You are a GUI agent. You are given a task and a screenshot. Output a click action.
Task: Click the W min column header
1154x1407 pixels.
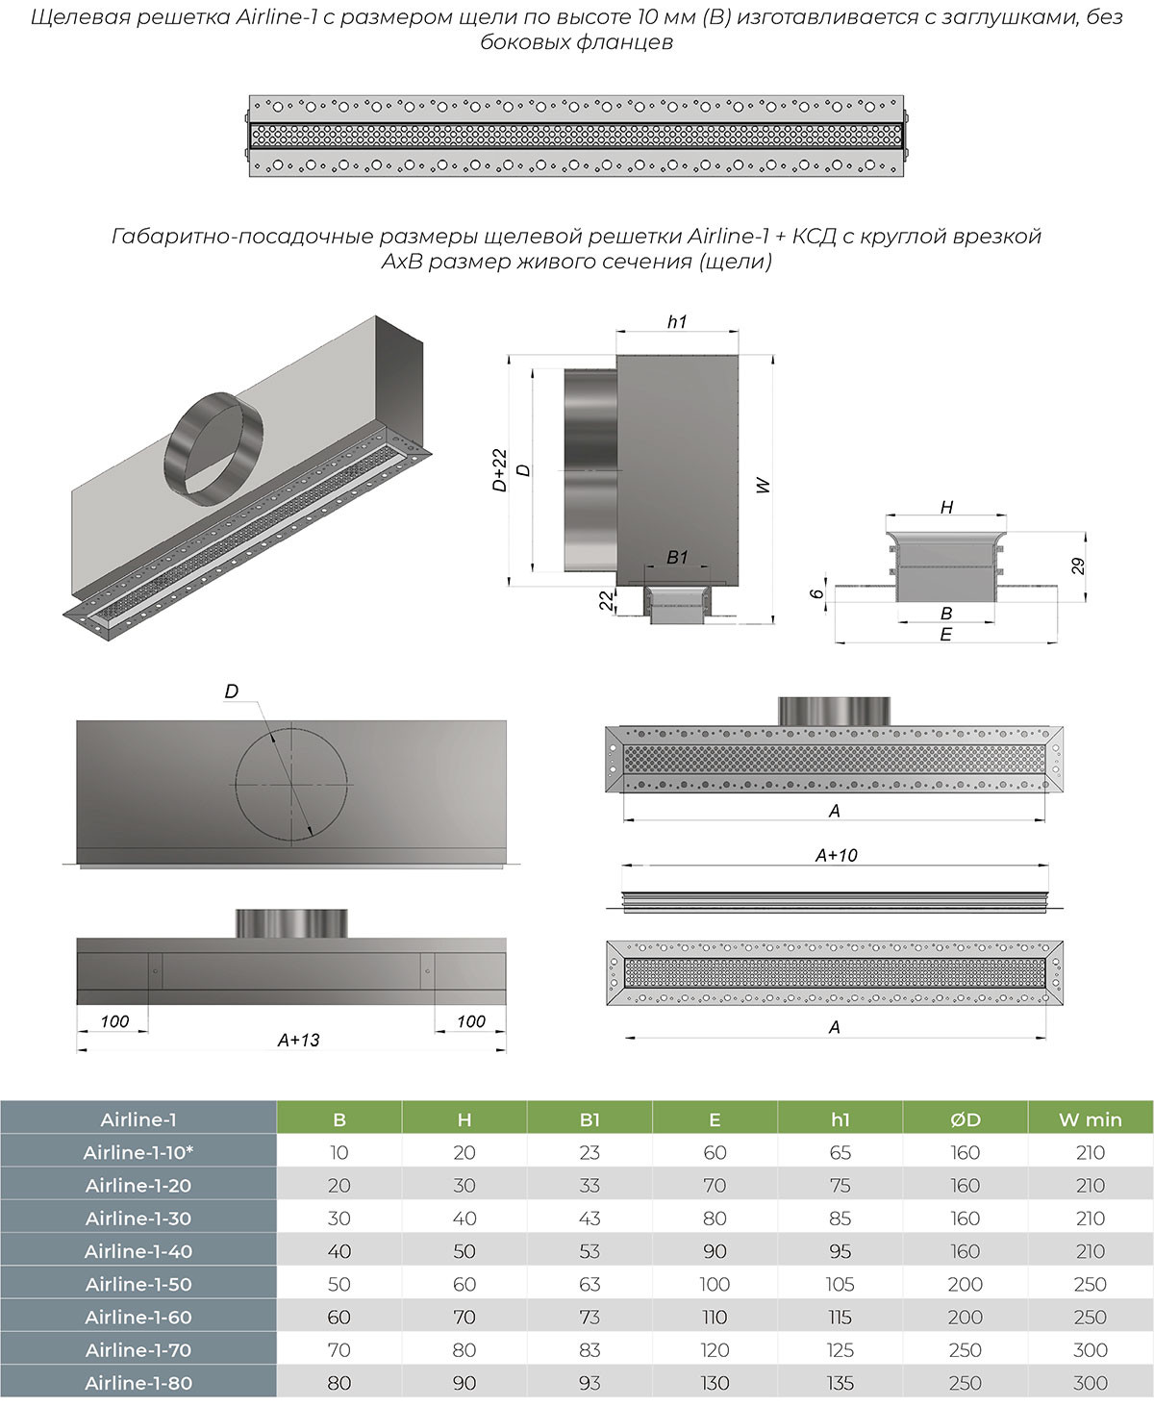coord(1090,1119)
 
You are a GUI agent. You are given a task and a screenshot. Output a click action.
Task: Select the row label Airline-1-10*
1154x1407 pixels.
coord(138,1152)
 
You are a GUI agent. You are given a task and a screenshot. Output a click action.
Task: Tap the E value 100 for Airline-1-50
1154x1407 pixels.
coord(715,1284)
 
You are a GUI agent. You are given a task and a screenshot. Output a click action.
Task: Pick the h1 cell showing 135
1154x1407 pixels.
coord(840,1383)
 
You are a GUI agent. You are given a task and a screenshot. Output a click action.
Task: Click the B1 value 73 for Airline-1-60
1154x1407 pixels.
coord(590,1317)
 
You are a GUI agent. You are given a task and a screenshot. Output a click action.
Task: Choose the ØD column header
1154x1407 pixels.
coord(965,1119)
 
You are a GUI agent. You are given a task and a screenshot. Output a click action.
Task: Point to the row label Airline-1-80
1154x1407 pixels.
coord(138,1383)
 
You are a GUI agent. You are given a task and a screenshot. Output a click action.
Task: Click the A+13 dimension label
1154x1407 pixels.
coord(298,1040)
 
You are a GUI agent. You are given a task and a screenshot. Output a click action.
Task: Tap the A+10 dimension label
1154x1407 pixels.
coord(836,855)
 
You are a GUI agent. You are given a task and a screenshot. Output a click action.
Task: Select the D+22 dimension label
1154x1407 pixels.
coord(499,470)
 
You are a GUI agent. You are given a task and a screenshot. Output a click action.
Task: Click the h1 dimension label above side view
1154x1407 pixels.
coord(677,322)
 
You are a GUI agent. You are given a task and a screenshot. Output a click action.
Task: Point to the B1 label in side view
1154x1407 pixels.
coord(677,558)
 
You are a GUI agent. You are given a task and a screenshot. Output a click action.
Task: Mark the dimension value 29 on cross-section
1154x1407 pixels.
coord(1078,565)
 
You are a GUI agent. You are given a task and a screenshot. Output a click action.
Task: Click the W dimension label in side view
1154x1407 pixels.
coord(763,486)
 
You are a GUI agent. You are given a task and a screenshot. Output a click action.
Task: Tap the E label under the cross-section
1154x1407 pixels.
coord(945,635)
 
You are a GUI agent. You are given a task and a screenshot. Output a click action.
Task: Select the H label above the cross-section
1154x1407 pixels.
coord(946,507)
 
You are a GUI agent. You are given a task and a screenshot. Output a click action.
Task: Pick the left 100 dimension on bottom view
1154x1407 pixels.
coord(114,1021)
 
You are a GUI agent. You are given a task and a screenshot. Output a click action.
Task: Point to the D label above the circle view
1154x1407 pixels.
coord(231,691)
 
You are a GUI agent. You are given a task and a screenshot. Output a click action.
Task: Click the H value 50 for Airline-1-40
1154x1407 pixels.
coord(464,1251)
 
